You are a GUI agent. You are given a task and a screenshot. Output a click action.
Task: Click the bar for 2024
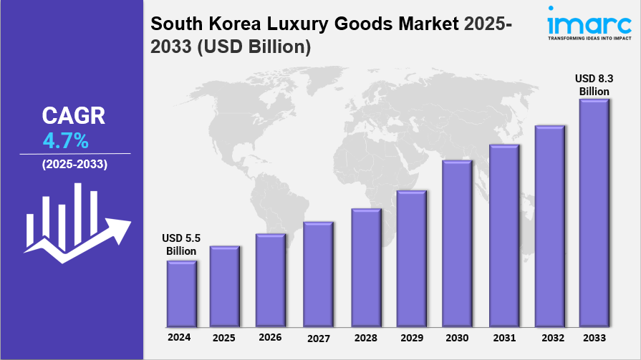coord(180,293)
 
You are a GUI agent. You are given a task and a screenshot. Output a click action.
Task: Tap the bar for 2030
coord(456,243)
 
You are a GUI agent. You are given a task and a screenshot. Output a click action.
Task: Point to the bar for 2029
coord(410,258)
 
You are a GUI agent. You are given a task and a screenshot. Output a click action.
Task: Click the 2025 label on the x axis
coord(224,337)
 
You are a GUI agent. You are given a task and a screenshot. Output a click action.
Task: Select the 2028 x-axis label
coord(365,337)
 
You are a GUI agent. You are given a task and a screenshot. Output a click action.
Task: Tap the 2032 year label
coord(549,337)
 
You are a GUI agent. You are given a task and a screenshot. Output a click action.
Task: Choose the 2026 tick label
coord(270,337)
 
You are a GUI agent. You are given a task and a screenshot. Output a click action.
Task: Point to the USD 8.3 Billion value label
coord(594,84)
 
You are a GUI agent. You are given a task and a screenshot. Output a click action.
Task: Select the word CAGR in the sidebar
coord(73,115)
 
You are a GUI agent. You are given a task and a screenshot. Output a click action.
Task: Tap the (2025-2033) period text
coord(74,165)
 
